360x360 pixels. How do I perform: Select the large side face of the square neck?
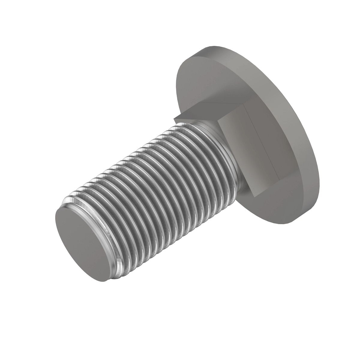coord(252,150)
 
